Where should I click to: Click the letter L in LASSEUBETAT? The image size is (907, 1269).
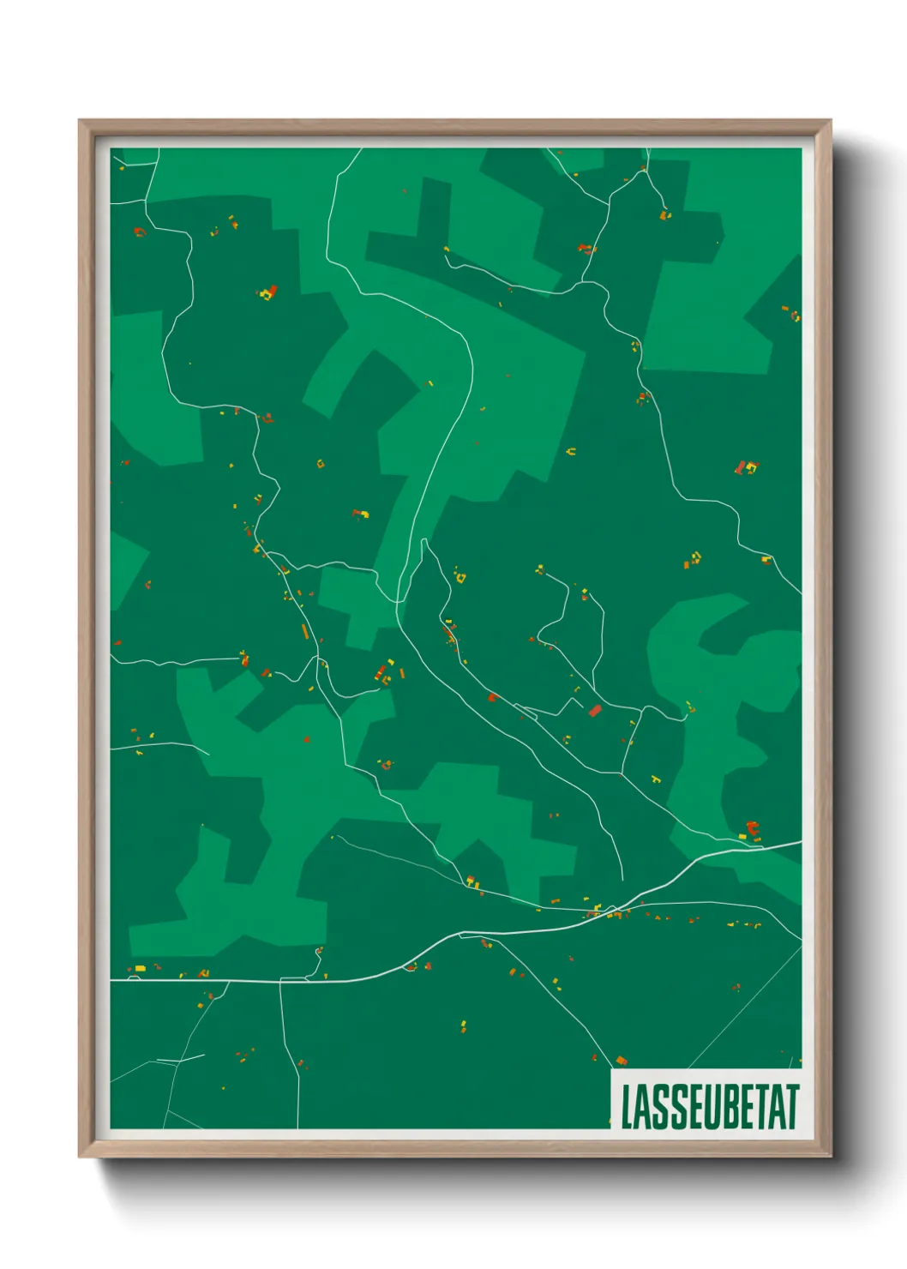[628, 1108]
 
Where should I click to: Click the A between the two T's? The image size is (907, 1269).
[775, 1108]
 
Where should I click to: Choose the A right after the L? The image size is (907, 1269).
[643, 1108]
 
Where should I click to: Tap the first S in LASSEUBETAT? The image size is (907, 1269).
[660, 1108]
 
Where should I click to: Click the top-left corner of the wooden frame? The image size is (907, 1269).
[80, 121]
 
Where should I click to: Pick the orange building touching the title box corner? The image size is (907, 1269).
[622, 1062]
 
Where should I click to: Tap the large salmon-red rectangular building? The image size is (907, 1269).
[595, 710]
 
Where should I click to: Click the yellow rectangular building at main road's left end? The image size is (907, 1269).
[140, 968]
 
